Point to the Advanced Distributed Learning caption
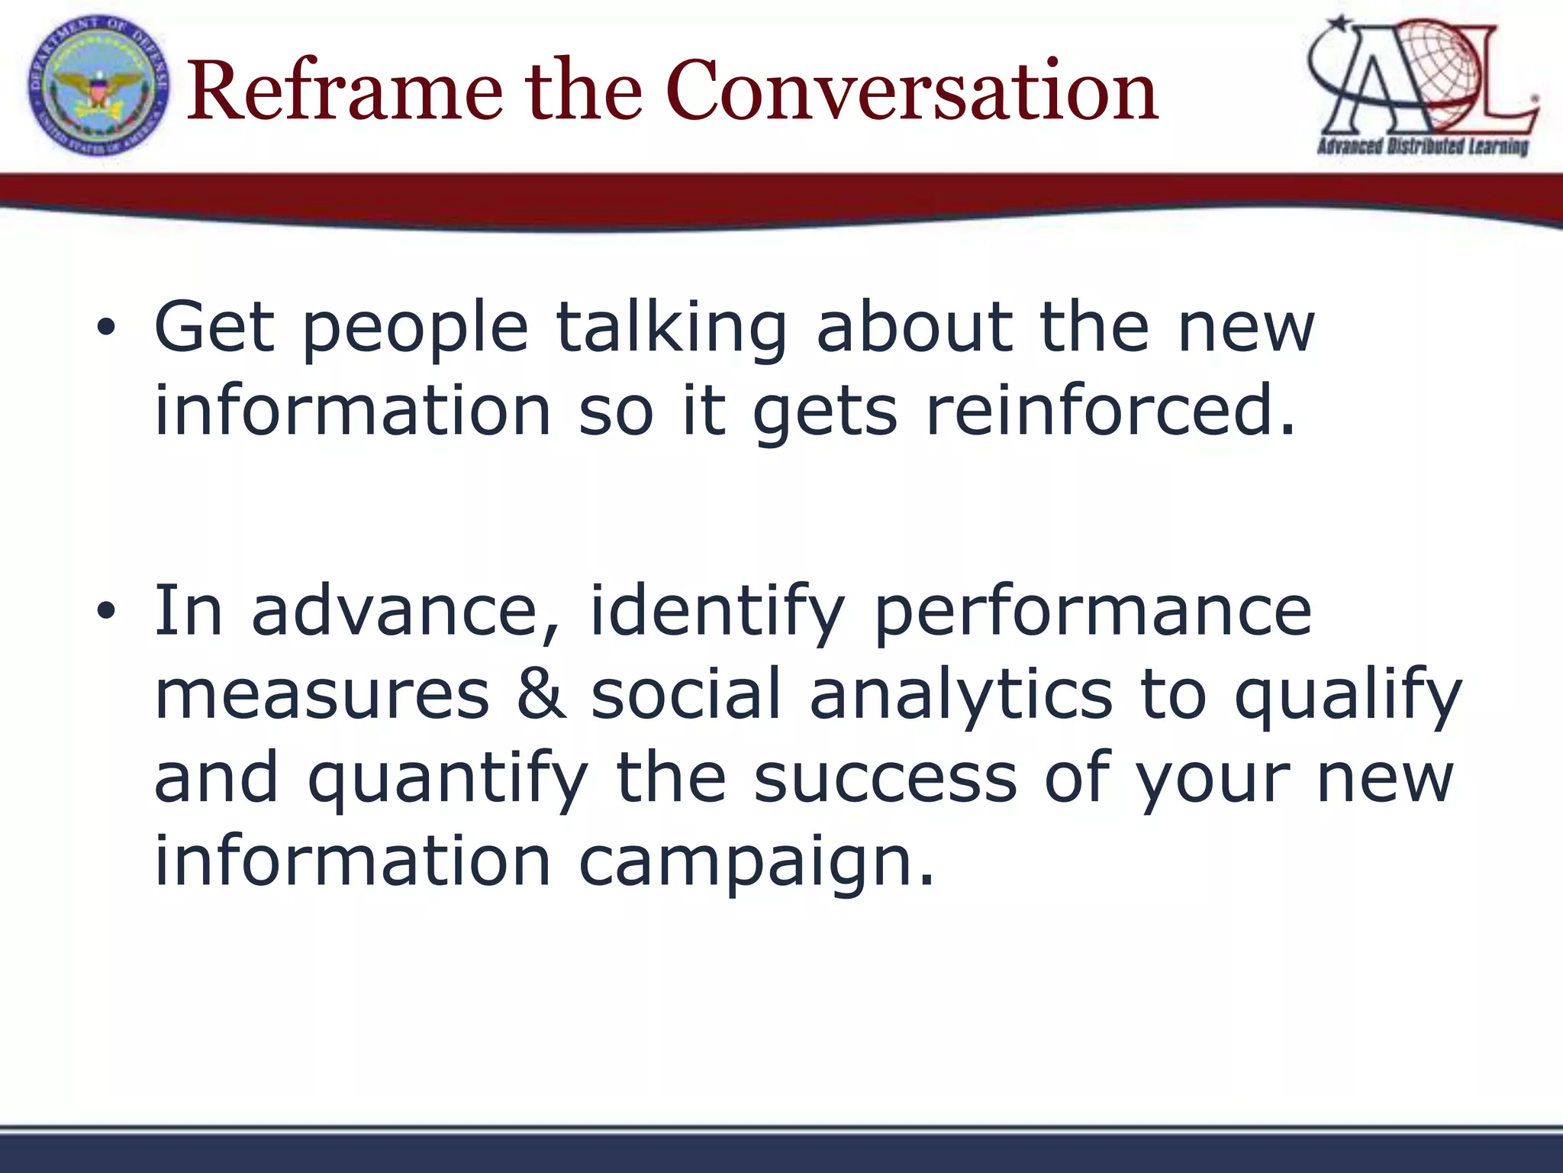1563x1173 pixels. pos(1423,146)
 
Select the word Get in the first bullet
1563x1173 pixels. pos(214,328)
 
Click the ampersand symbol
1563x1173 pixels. pos(541,694)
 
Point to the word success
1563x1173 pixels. pos(885,779)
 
